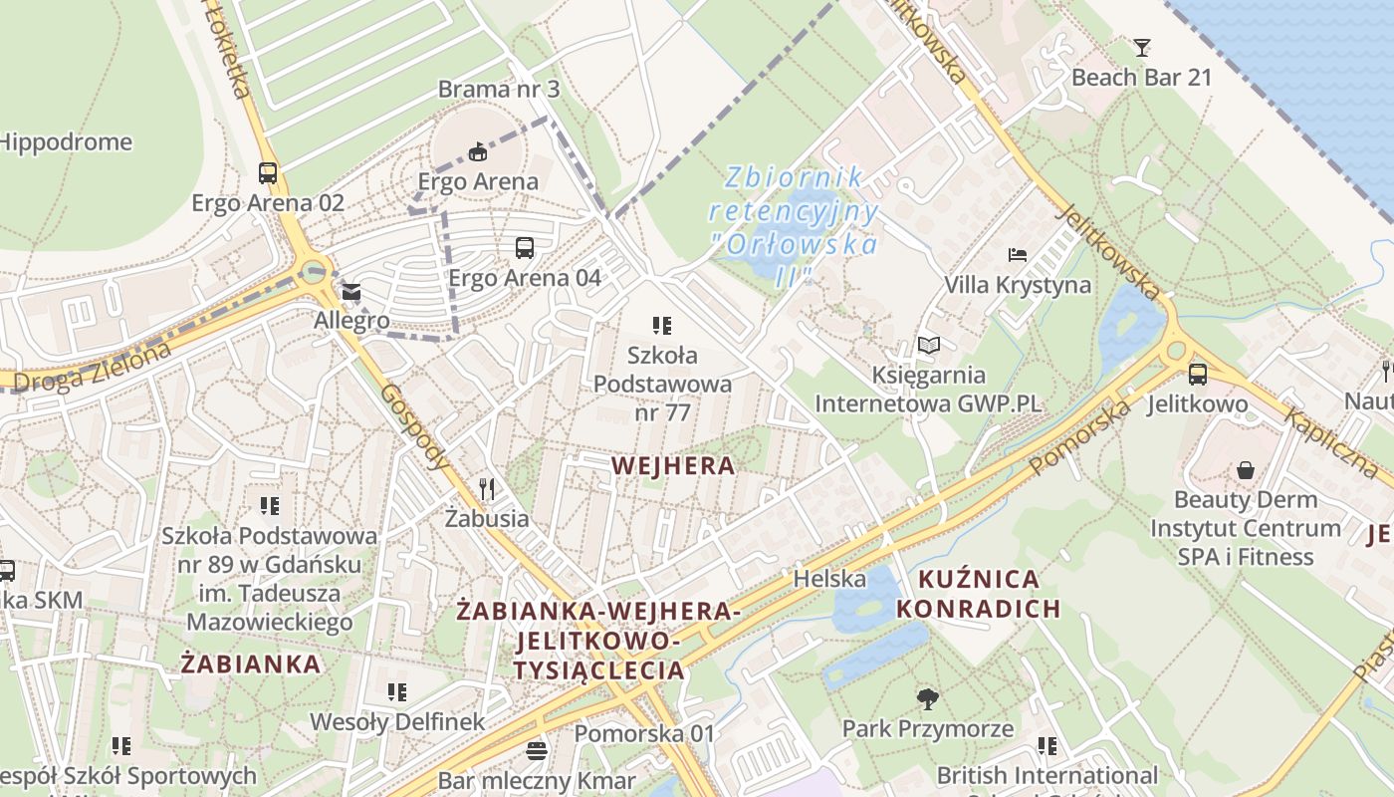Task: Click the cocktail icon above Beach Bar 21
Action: [x=1141, y=47]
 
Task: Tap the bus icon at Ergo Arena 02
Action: [x=268, y=172]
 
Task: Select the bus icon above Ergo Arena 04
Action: [x=525, y=248]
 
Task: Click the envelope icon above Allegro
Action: [x=351, y=293]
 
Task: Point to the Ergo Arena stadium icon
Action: [x=479, y=151]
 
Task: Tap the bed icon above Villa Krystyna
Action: [x=1017, y=255]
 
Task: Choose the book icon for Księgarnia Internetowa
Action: [x=928, y=346]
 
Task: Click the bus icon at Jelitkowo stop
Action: [x=1197, y=375]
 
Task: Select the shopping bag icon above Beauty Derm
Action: [x=1245, y=470]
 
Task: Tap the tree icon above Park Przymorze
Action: [x=927, y=698]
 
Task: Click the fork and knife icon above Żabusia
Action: [x=487, y=488]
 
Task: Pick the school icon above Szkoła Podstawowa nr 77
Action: [x=662, y=325]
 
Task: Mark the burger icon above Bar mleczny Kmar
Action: [x=537, y=750]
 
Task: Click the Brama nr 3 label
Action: [x=499, y=89]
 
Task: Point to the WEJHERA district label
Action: [x=673, y=465]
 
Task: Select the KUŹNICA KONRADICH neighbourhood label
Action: [x=979, y=594]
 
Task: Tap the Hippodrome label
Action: [x=66, y=142]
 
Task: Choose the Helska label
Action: [x=829, y=579]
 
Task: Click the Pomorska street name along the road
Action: [x=1080, y=437]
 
